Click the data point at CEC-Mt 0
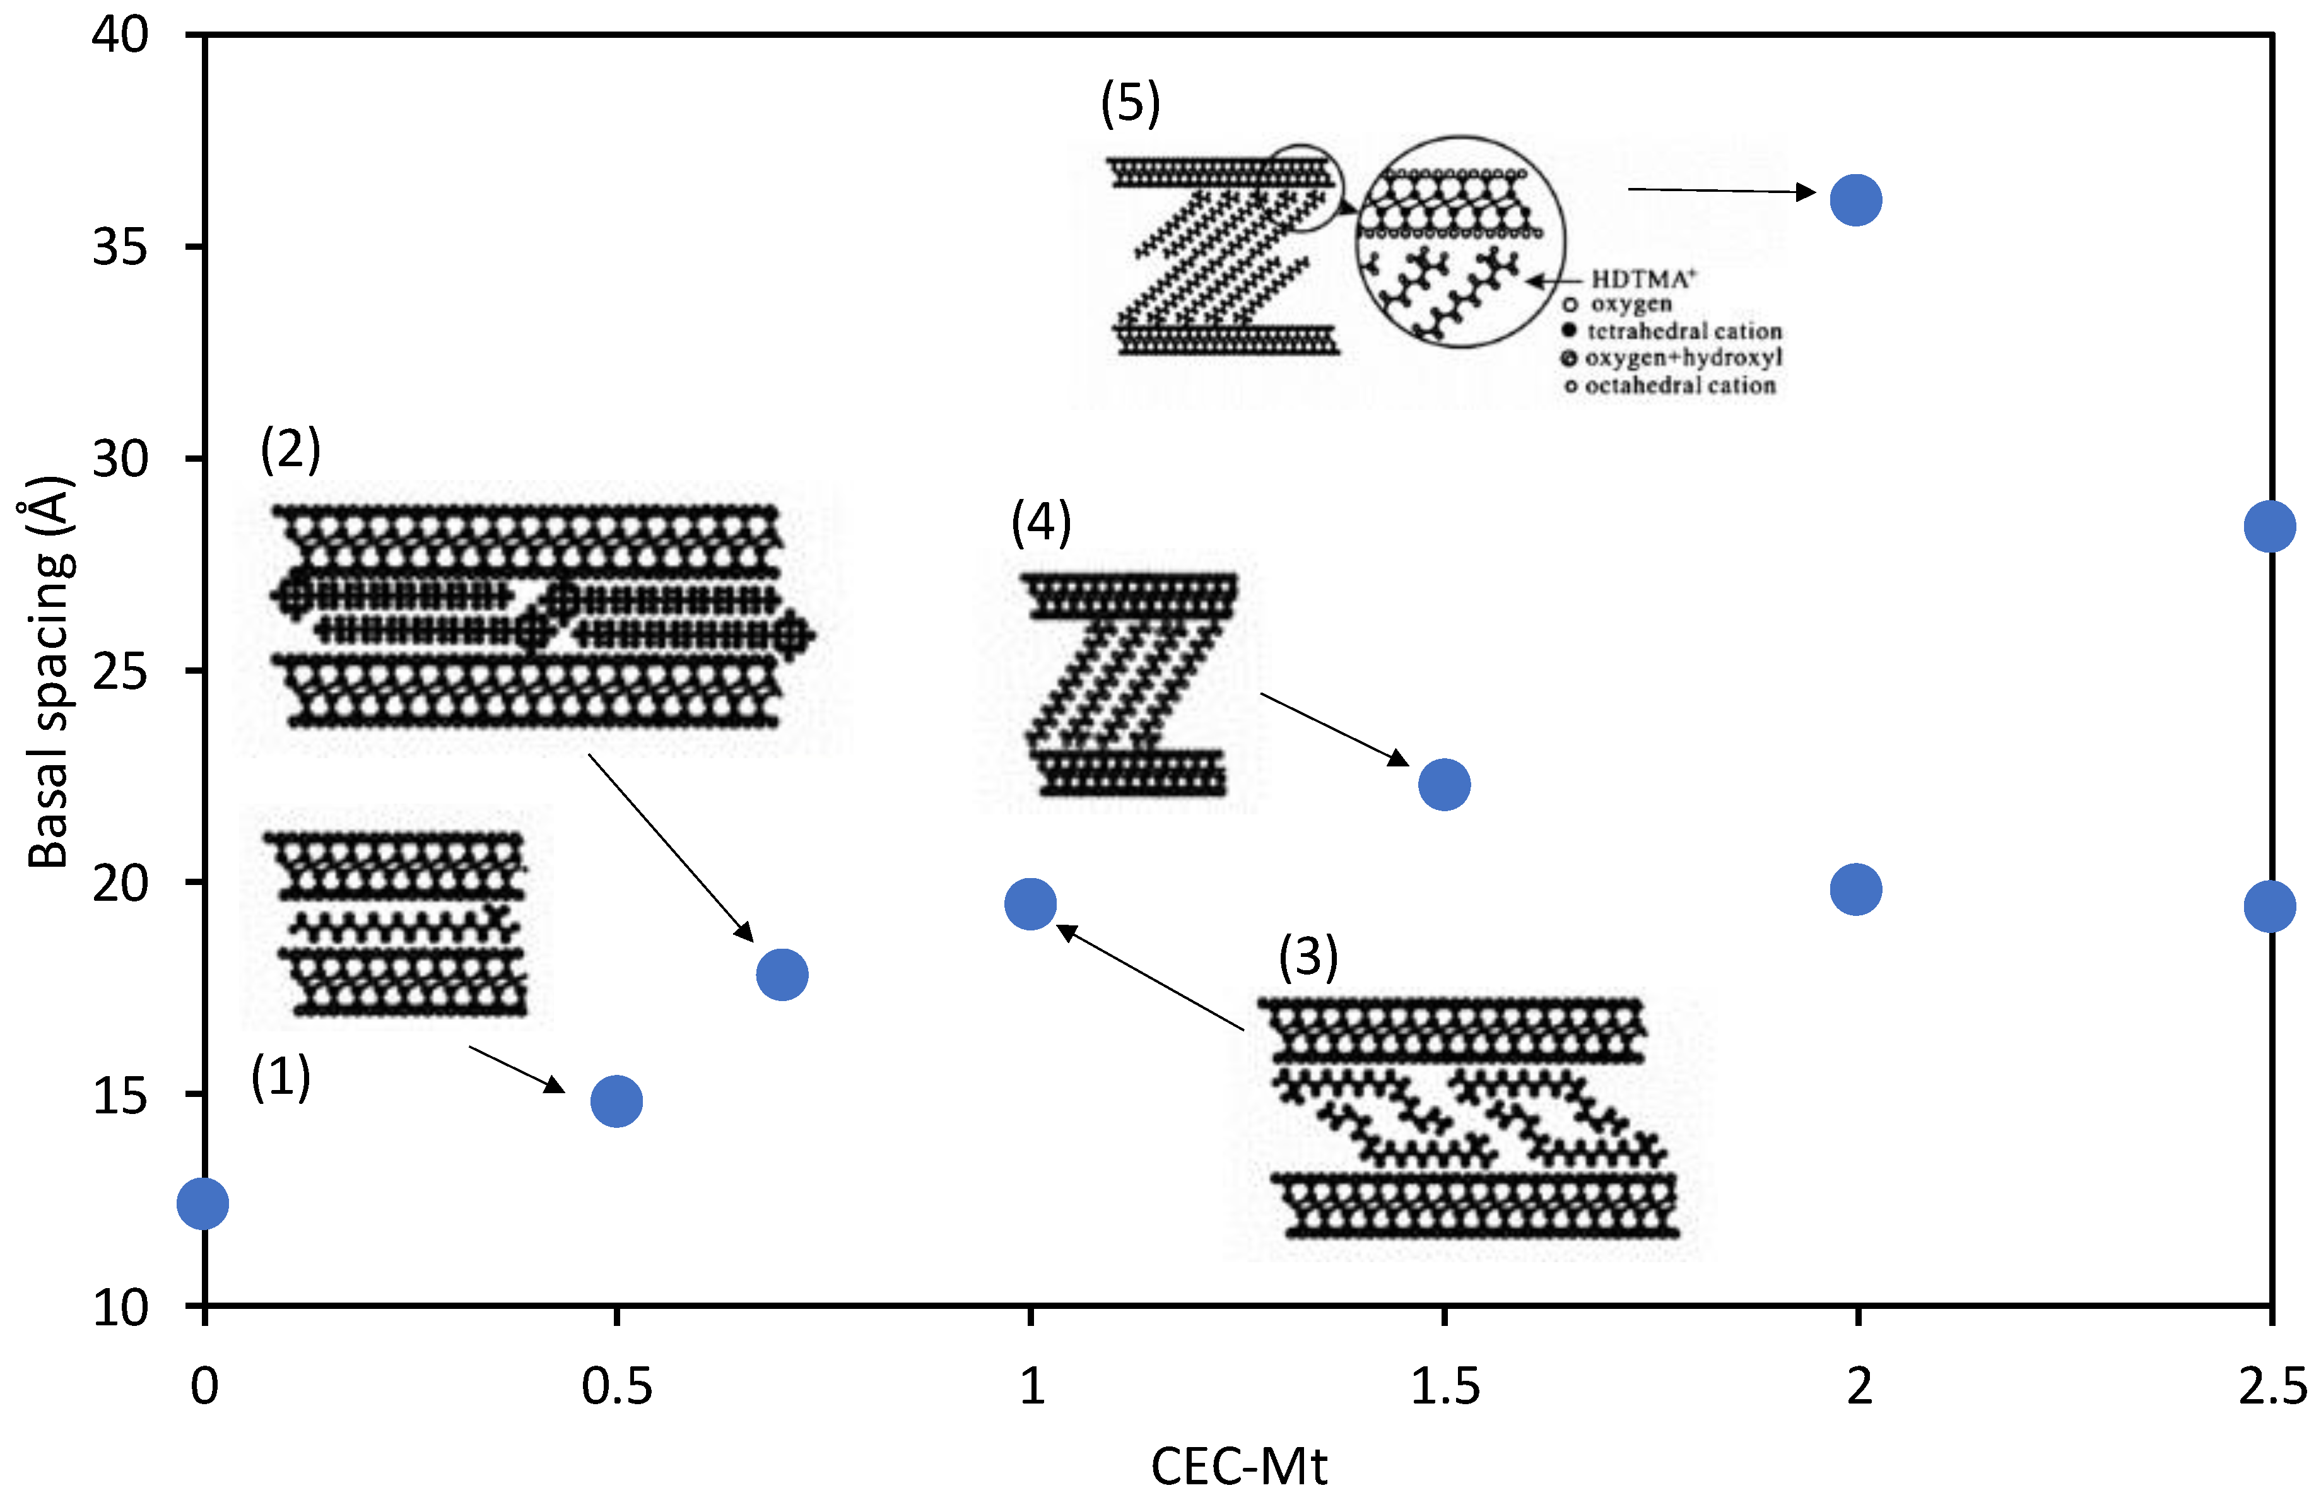(203, 1204)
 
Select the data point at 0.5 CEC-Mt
(616, 1101)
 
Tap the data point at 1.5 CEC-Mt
(1445, 784)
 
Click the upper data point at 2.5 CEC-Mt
(2269, 526)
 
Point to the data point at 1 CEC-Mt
(1030, 905)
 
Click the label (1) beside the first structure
(281, 1077)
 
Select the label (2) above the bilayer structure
(290, 450)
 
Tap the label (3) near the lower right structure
(1308, 957)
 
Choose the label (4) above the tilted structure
(1040, 522)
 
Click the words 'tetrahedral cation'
(1684, 331)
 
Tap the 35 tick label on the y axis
(120, 247)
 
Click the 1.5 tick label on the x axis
(1445, 1387)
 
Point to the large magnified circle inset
(1460, 242)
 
